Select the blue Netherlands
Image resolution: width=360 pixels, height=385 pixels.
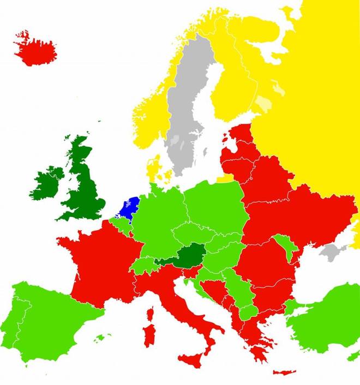(x=129, y=208)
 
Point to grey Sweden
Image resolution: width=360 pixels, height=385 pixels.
(x=185, y=115)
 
